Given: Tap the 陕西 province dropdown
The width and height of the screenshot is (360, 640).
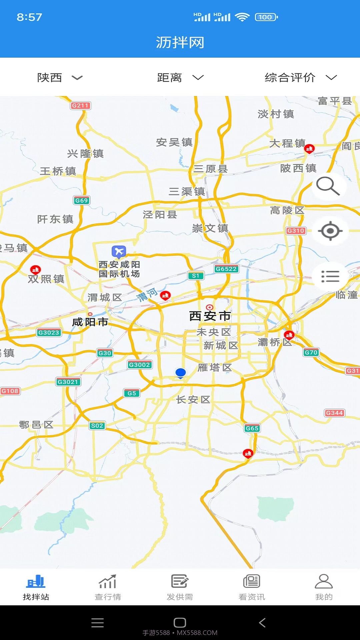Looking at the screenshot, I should (x=59, y=78).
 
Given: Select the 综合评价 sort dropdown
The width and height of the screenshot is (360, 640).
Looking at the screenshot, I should (x=300, y=78).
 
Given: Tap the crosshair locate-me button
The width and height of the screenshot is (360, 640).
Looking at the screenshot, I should (x=330, y=231).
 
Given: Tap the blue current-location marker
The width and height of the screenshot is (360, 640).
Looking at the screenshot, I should (x=180, y=373).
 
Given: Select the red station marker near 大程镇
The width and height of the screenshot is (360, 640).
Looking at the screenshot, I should (x=309, y=148).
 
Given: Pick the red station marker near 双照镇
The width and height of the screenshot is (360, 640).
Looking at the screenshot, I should (x=35, y=269).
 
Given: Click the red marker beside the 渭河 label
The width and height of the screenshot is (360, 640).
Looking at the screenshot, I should (x=165, y=295).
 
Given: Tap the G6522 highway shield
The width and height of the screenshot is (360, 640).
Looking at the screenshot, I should (x=226, y=269).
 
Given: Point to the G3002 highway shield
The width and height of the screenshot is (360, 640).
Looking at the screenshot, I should (x=139, y=365).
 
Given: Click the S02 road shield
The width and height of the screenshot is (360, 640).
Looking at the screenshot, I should (x=97, y=425).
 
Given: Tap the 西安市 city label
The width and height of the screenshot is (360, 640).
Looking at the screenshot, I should (x=210, y=316).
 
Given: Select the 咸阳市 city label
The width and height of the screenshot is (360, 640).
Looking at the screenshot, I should (x=90, y=322).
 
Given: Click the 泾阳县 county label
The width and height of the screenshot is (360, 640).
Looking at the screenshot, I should (x=160, y=214).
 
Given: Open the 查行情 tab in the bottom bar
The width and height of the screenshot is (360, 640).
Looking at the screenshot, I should (x=108, y=587).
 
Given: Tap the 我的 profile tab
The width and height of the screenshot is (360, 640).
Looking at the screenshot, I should (x=324, y=587).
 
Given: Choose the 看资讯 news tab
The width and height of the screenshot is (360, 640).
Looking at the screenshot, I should (x=252, y=587).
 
